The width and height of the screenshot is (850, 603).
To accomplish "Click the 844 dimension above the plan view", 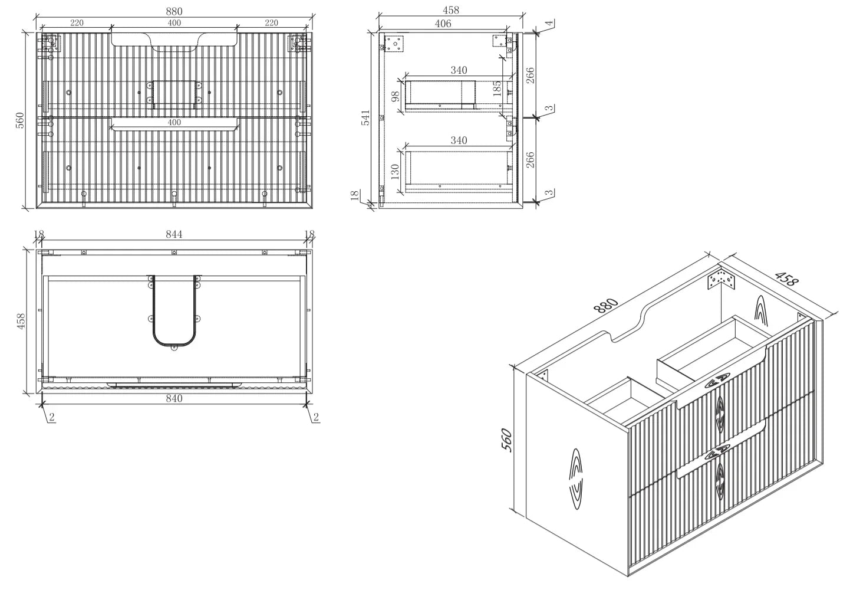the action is pos(174,234).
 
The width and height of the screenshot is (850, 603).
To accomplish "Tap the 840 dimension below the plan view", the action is pos(174,398).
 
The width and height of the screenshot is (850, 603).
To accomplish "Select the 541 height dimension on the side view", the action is pos(365,118).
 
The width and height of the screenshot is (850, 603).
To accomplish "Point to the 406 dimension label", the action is pos(443,24).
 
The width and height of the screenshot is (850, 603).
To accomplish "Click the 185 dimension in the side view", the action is pos(497,88).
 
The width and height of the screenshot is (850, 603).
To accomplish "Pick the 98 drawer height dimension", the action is pos(396,96).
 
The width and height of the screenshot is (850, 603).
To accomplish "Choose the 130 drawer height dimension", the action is pos(396,172).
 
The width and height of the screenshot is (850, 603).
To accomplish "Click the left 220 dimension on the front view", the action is pos(77,23).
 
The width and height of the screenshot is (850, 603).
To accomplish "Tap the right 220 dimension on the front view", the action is pos(271,23).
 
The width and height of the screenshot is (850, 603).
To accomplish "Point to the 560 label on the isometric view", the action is pos(508,440).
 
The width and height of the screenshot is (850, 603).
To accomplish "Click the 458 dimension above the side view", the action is pos(451,10).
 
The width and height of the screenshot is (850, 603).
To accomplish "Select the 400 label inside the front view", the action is pos(174,122).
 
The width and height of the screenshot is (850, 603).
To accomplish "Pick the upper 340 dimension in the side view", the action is pos(459,70).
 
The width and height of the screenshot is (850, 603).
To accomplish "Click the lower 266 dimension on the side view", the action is pos(530,159).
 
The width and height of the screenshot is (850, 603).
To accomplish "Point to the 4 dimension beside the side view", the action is pos(550,23).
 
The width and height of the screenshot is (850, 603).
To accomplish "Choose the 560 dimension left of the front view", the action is pos(20,120).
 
